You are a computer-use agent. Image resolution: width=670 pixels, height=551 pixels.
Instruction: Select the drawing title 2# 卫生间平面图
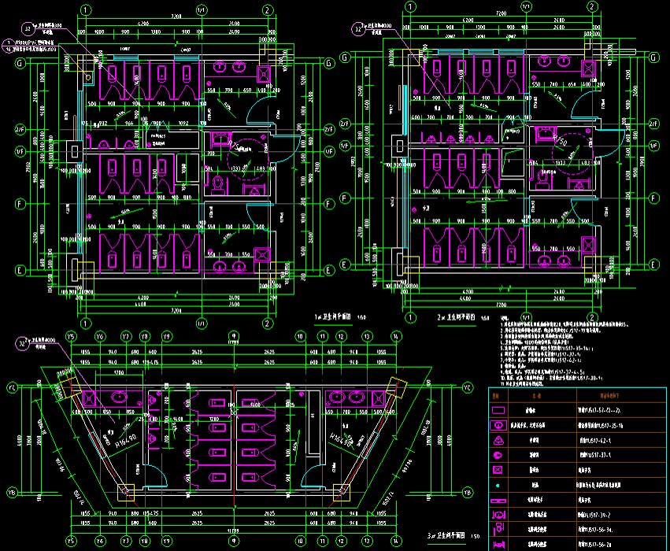tap(461, 316)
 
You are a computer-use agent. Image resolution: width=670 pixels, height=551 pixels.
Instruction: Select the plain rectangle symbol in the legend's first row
tap(500, 412)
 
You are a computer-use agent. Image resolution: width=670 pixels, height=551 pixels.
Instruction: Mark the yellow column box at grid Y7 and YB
tap(126, 493)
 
